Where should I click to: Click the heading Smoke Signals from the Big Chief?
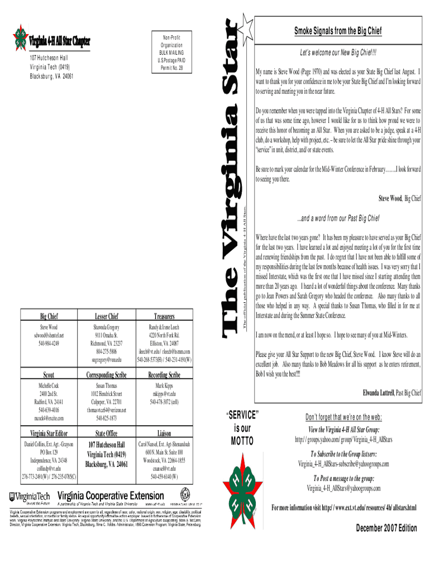[338, 31]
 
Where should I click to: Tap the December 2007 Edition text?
[386, 528]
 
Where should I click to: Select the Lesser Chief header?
[106, 315]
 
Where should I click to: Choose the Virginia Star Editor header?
[49, 433]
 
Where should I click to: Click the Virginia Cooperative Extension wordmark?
[111, 495]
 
